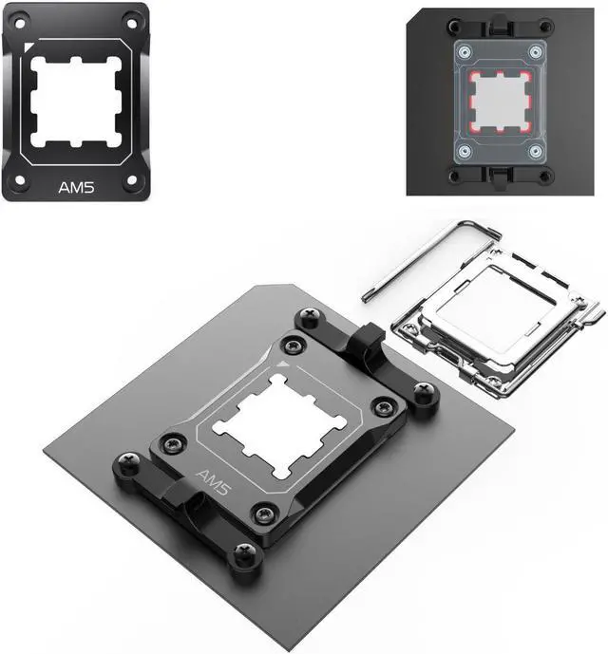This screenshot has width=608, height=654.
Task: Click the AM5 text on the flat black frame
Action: point(76,187)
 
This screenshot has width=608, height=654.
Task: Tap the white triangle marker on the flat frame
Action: point(28,47)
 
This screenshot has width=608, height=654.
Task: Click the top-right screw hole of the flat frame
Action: point(131,24)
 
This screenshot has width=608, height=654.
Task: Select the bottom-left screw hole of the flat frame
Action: point(20,180)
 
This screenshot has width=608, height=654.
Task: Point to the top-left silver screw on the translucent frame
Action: point(465,52)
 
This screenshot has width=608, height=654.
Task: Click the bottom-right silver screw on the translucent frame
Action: point(536,151)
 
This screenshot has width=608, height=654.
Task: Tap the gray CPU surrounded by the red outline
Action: point(500,102)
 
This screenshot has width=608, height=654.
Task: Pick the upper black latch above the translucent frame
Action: point(500,26)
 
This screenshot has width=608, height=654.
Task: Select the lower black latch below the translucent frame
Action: point(500,177)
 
